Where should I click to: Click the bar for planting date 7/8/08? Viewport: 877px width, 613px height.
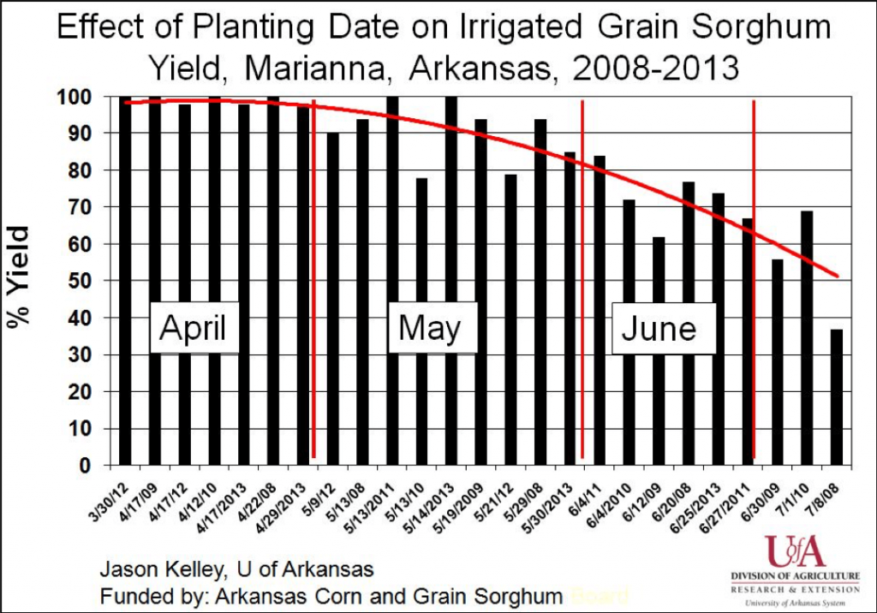pyautogui.click(x=836, y=397)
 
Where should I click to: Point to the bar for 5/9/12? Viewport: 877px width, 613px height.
pyautogui.click(x=332, y=300)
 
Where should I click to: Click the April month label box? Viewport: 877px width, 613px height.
pyautogui.click(x=194, y=328)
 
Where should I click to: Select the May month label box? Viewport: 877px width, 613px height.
pyautogui.click(x=429, y=328)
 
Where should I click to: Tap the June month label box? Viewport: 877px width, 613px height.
pyautogui.click(x=659, y=329)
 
